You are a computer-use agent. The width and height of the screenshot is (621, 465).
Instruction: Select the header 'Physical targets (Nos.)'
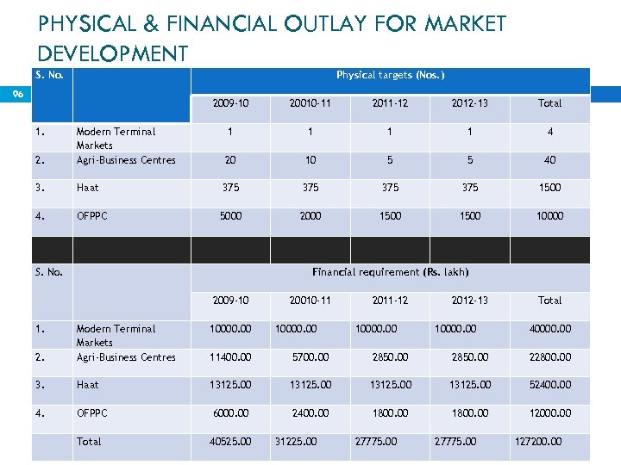click(390, 75)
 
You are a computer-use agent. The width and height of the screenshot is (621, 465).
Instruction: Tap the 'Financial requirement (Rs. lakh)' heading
click(390, 272)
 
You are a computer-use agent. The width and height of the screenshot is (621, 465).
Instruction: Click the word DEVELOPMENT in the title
click(113, 53)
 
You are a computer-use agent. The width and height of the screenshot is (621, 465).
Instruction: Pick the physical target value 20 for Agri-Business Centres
click(230, 160)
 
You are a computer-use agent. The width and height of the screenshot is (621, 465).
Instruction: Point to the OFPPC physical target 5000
click(230, 216)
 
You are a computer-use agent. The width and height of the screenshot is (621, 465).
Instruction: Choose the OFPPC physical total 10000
click(549, 216)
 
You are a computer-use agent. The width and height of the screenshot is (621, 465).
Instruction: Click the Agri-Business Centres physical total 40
click(549, 160)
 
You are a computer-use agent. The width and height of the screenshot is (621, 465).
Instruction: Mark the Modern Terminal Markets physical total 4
click(549, 132)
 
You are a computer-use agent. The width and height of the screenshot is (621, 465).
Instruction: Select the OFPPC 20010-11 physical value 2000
click(310, 216)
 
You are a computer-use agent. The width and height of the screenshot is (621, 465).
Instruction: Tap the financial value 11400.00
click(230, 357)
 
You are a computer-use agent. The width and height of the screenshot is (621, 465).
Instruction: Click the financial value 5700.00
click(310, 357)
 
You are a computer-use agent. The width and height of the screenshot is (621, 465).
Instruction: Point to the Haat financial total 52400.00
click(549, 385)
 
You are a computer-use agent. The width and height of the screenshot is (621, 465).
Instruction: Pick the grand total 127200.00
click(537, 442)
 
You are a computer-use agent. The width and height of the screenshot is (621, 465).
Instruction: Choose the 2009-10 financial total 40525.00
click(230, 442)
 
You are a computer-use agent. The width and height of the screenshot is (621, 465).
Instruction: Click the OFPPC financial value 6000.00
click(230, 413)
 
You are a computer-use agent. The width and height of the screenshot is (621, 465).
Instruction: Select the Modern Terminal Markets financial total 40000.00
click(549, 329)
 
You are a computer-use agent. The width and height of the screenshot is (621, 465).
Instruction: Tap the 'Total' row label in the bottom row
click(88, 442)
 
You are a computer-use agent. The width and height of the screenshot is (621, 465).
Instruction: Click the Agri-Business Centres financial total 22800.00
click(549, 357)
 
